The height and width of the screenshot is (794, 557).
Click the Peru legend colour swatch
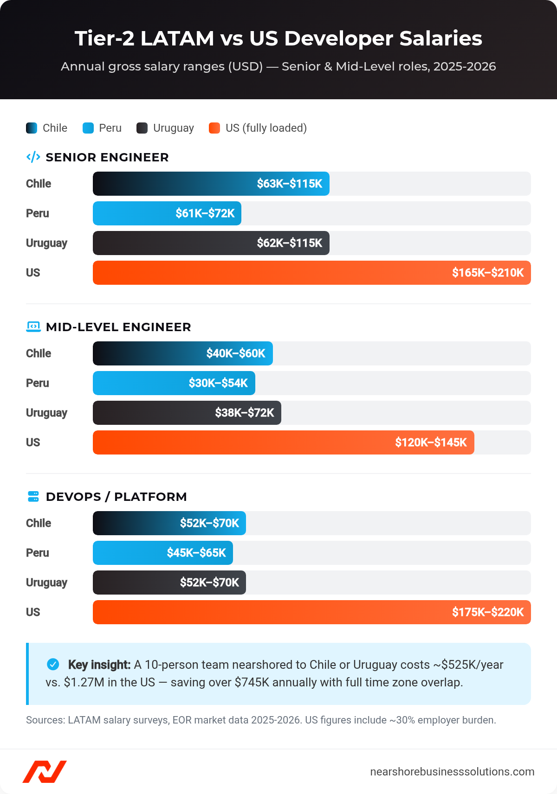[88, 128]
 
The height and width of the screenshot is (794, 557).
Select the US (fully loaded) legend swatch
[214, 128]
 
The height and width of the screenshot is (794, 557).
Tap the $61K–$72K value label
[205, 213]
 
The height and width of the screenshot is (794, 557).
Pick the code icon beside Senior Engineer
[33, 157]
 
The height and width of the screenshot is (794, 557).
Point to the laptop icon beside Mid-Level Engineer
[33, 327]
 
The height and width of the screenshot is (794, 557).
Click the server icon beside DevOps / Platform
[33, 497]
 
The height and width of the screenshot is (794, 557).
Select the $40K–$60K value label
[236, 353]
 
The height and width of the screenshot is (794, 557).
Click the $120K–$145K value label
[431, 442]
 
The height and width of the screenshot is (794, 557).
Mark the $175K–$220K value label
[488, 612]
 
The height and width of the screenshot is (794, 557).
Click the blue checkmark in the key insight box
[53, 665]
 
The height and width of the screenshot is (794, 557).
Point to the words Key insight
[99, 665]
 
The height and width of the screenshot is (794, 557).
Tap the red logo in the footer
[45, 772]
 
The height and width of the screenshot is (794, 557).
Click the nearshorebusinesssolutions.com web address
[452, 772]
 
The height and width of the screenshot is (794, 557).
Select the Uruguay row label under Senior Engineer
[46, 243]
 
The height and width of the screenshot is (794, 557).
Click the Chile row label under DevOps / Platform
[39, 523]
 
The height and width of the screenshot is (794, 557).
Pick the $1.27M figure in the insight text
[84, 683]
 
